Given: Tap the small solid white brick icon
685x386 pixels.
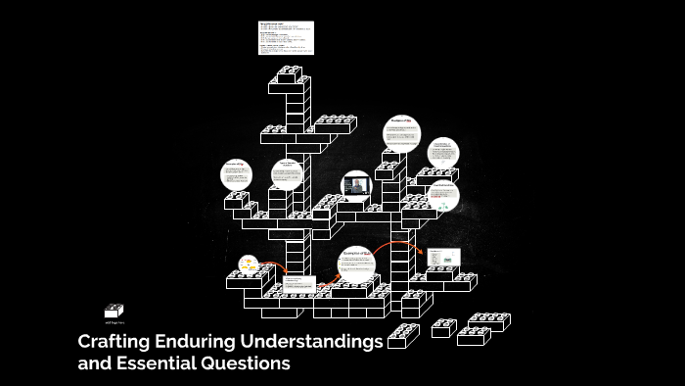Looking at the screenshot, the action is click(x=114, y=311).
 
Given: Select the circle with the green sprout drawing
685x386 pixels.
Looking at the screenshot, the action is click(x=443, y=195).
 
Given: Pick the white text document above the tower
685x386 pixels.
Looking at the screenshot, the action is click(x=287, y=37).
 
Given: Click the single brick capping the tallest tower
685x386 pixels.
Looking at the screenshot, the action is click(x=290, y=73).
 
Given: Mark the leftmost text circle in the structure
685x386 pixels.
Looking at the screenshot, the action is click(x=236, y=175).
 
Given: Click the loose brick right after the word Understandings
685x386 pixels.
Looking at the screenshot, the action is click(x=403, y=337).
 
